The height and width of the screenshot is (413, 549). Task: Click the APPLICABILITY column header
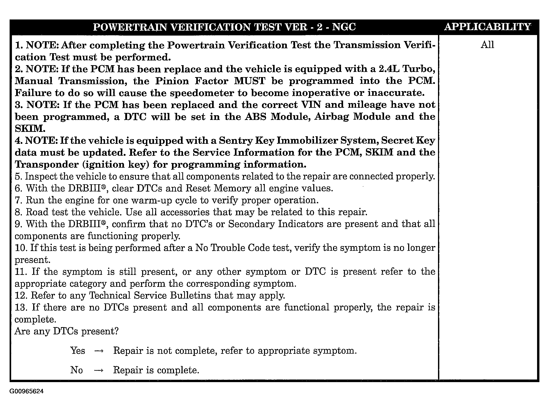point(488,27)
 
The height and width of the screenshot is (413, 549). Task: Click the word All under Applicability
point(487,45)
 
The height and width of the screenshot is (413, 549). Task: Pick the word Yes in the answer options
point(78,351)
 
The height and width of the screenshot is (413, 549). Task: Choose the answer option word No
point(77,370)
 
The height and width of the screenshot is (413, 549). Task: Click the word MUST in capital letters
point(250,81)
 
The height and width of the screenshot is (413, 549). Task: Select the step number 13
point(21,308)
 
